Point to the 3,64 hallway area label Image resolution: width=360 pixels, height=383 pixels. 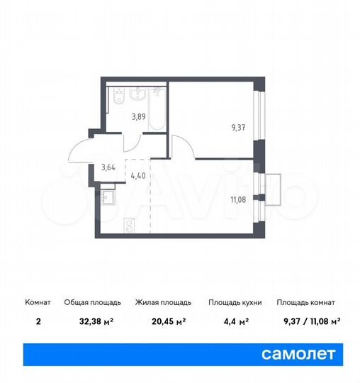coord(108,168)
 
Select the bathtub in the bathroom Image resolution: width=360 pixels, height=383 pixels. coord(159,106)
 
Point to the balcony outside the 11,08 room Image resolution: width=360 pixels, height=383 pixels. coord(272,187)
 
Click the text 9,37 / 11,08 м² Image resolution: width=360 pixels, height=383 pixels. coord(308,321)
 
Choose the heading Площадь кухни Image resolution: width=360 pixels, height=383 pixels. coord(235,302)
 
